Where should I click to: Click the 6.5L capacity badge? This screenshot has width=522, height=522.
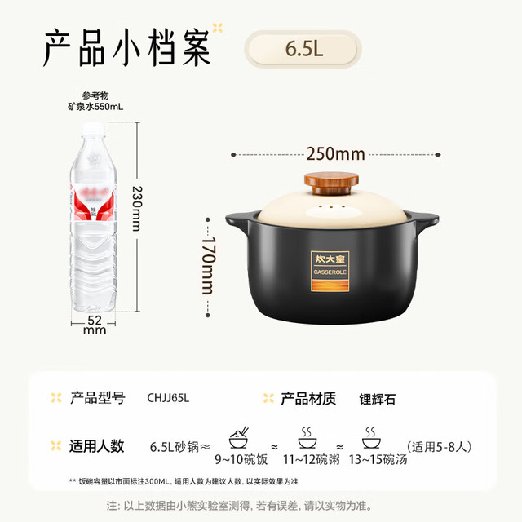click(x=303, y=49)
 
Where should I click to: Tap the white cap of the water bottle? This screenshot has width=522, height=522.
click(x=94, y=129)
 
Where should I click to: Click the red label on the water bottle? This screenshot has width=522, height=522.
click(x=93, y=203)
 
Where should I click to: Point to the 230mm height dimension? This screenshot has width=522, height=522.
click(x=137, y=209)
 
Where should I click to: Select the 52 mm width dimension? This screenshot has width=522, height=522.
click(x=95, y=325)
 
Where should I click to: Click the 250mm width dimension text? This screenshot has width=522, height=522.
click(x=335, y=154)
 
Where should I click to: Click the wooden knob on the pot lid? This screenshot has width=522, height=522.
click(x=331, y=183)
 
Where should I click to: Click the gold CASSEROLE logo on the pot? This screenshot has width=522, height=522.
click(x=330, y=272)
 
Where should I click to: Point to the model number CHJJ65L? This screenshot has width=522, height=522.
click(x=168, y=398)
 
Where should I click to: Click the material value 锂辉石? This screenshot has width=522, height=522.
click(x=377, y=399)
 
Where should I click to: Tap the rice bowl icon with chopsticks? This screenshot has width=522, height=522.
click(x=239, y=437)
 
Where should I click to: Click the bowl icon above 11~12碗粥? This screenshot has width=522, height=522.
click(x=307, y=438)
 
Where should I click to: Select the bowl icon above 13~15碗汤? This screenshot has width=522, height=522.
click(x=371, y=438)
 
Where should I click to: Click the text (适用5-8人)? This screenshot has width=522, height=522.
click(x=439, y=446)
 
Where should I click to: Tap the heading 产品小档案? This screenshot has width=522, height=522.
click(x=127, y=47)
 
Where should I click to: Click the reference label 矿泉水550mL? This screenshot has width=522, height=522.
click(x=95, y=107)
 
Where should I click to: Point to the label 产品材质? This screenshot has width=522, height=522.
click(x=308, y=399)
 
